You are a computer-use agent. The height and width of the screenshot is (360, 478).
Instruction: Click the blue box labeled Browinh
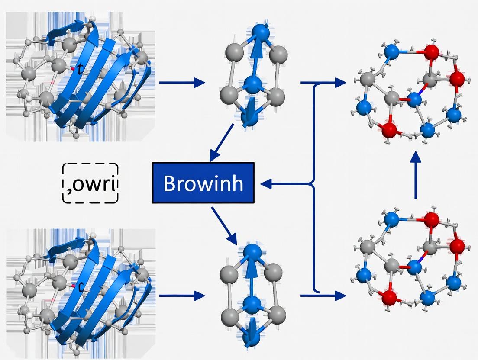click(x=203, y=183)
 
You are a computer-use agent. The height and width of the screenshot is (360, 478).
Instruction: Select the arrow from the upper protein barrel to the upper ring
click(x=181, y=82)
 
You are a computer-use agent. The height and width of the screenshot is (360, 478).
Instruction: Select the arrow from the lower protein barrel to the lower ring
click(x=181, y=296)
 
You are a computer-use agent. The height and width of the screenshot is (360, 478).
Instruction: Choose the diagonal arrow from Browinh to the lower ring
click(x=225, y=225)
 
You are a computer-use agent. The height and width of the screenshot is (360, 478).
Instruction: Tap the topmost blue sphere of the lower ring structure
click(x=251, y=252)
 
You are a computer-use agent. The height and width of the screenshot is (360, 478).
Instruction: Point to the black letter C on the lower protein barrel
click(x=80, y=286)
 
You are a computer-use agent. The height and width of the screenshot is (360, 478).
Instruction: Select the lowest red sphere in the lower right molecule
click(x=389, y=297)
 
